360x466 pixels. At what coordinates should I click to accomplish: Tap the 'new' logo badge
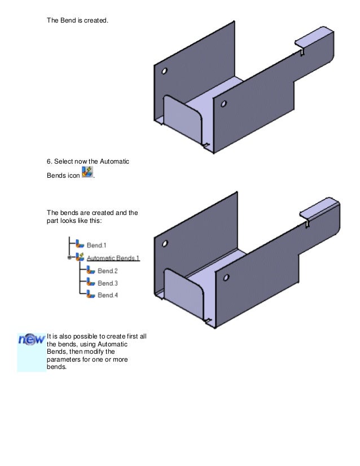click(31, 340)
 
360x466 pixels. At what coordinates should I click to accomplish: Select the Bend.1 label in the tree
click(96, 245)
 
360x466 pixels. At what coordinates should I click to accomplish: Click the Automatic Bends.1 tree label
click(113, 258)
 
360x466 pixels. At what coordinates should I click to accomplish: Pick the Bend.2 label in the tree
click(107, 271)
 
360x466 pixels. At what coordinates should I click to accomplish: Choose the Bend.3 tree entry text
click(107, 283)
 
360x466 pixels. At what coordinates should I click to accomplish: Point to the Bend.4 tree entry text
click(107, 295)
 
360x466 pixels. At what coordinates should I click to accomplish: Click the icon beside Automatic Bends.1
click(80, 258)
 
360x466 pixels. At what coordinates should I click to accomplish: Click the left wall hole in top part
click(164, 72)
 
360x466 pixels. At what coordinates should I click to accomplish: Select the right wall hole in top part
click(224, 104)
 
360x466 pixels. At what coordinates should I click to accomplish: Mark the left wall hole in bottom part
click(165, 244)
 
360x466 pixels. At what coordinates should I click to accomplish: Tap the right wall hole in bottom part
click(225, 277)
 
